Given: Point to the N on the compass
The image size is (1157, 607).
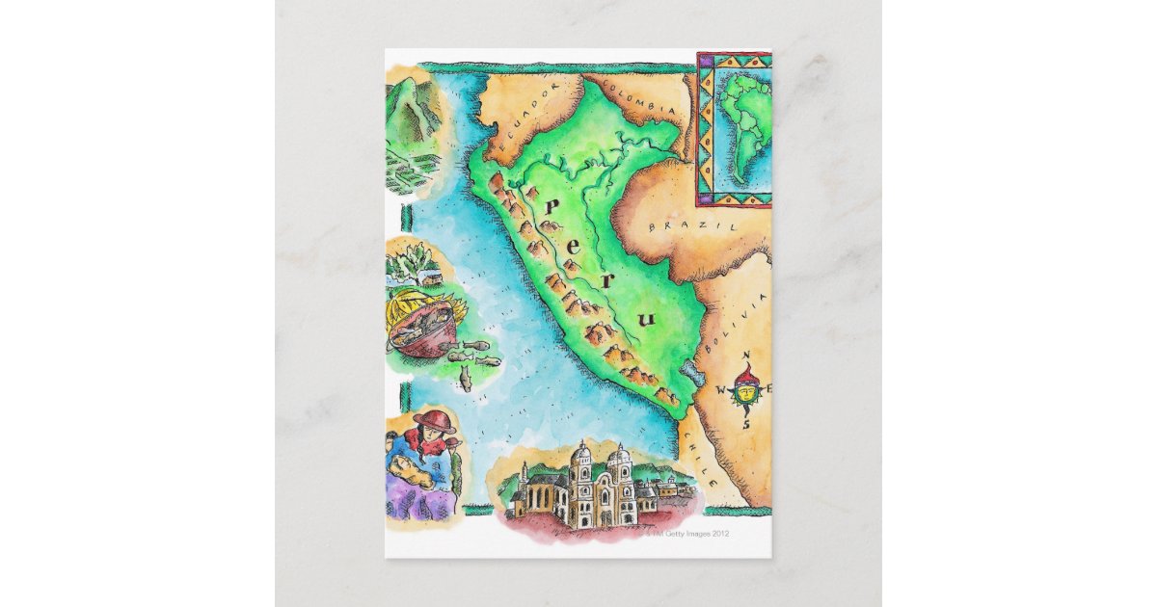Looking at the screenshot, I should point(746,358).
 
